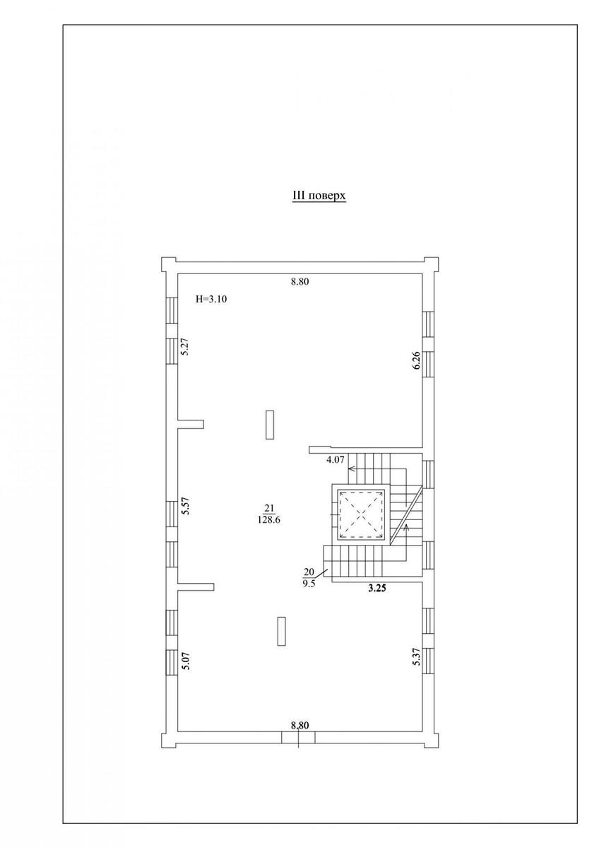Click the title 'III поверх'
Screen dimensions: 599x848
pos(319,196)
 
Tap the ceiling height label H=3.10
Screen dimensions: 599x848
pos(211,299)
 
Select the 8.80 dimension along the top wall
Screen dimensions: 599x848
pos(299,282)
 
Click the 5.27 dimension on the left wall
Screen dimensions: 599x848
pos(185,346)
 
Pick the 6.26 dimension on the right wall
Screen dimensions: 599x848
pos(416,360)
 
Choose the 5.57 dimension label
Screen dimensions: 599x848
pos(185,505)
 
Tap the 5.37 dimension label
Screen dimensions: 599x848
pos(416,656)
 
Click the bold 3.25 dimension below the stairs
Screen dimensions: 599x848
pos(377,588)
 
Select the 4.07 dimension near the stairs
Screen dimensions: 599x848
pos(335,460)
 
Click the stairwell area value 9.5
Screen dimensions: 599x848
pos(309,584)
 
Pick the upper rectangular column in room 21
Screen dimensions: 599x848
pos(270,425)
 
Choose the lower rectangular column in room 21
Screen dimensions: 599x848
pos(281,632)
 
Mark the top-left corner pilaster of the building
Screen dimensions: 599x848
pos(169,264)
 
